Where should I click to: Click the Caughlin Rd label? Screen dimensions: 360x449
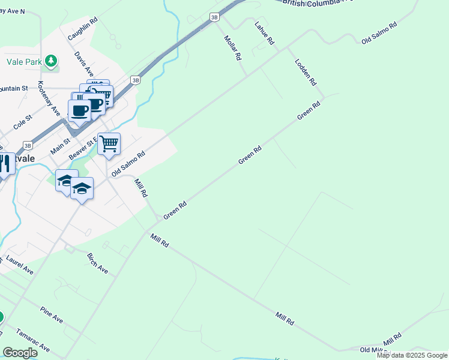[x=82, y=29]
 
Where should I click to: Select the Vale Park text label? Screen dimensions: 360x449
[x=23, y=61]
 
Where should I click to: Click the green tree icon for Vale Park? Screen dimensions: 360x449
[x=52, y=61]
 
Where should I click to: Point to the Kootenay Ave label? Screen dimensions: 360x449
[x=49, y=98]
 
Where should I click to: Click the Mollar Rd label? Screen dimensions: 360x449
[x=232, y=47]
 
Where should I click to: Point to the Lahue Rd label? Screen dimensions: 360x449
[x=264, y=34]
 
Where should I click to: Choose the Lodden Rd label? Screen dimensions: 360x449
[x=305, y=71]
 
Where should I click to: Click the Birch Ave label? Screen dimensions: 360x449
[x=98, y=263]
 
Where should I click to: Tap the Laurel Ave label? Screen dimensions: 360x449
[x=19, y=265]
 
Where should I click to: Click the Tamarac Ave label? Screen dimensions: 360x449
[x=33, y=340]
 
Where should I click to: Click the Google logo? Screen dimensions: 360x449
[x=19, y=353]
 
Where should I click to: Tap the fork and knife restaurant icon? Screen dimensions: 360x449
[x=5, y=164]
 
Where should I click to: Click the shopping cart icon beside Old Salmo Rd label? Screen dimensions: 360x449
[x=109, y=144]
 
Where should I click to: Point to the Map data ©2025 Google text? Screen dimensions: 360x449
[x=412, y=355]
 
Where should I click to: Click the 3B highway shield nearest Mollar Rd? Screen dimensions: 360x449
[x=214, y=17]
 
